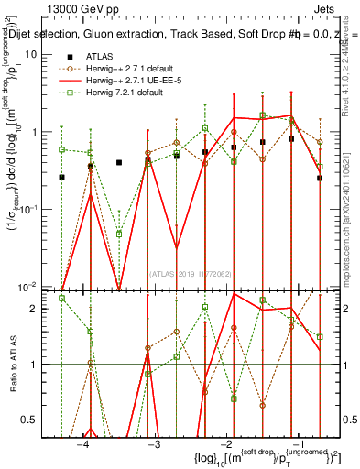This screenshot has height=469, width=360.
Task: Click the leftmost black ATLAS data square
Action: tap(61, 177)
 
